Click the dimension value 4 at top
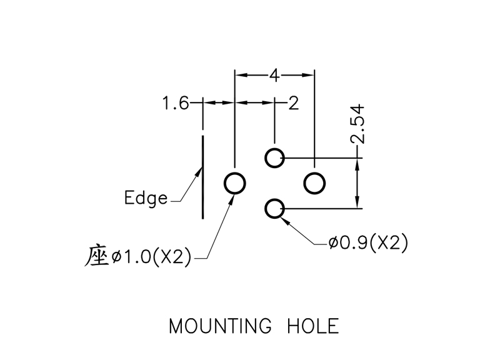pos(274,76)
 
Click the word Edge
pos(146,199)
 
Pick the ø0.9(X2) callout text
pos(368,242)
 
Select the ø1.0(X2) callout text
pos(151,256)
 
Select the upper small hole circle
pos(274,158)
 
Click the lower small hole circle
pos(274,208)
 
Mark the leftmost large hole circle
pos(235,183)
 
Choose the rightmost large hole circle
pos(314,183)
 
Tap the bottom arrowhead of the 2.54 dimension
pos(358,204)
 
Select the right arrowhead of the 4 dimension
pos(309,76)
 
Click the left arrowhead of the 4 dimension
pos(240,76)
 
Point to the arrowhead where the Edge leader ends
pos(199,170)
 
